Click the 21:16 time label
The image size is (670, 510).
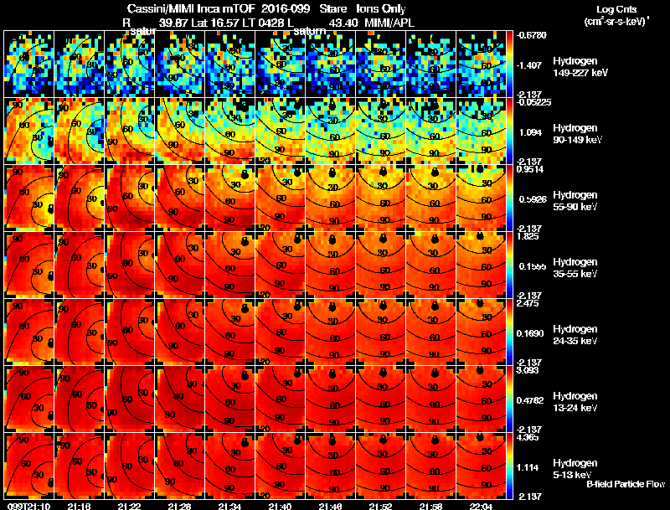click(x=79, y=506)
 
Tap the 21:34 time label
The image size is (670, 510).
click(x=230, y=506)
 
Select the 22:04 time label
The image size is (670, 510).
click(x=482, y=506)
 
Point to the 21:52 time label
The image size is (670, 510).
click(x=381, y=506)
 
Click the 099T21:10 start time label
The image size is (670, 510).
click(x=28, y=506)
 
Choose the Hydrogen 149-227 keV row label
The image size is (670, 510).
click(x=575, y=67)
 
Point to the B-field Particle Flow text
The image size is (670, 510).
click(x=625, y=484)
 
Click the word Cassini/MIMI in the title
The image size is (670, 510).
click(x=149, y=9)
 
